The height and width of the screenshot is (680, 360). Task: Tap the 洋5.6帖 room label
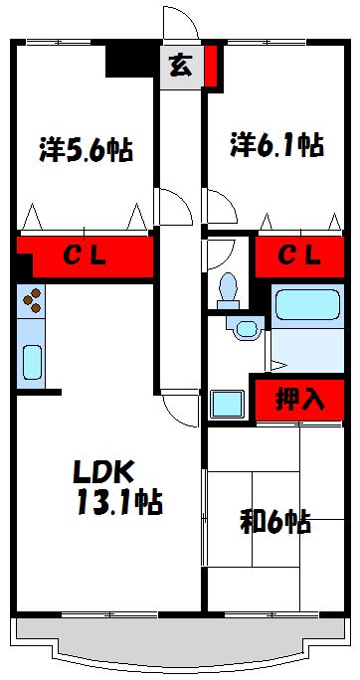pos(87,150)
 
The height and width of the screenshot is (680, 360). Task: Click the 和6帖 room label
pos(273,520)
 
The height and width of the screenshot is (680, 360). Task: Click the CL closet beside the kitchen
pos(86,255)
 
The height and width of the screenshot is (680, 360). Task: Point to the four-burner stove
pos(31,299)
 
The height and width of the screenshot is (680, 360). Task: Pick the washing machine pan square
pos(227,403)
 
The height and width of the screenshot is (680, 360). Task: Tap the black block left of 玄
pos(130,61)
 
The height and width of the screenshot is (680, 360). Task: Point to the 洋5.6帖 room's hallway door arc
pos(171,206)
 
